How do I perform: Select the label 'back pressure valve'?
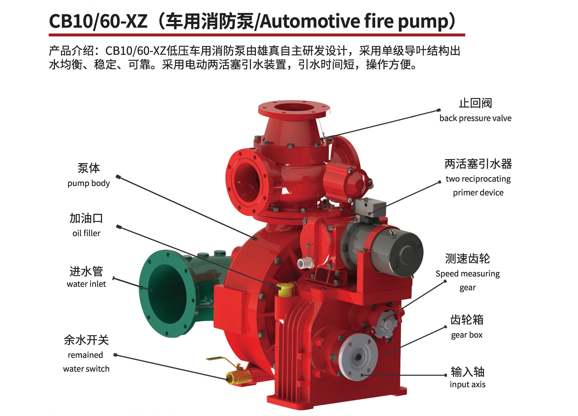click(475, 118)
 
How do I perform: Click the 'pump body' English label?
click(88, 183)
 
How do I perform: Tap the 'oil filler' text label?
click(86, 233)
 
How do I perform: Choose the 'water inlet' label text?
click(86, 284)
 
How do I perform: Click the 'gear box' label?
click(467, 335)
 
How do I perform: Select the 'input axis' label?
click(467, 384)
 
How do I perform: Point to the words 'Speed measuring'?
click(467, 274)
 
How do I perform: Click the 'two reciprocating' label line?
click(478, 179)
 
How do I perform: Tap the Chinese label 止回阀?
click(475, 103)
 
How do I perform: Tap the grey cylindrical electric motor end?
click(407, 252)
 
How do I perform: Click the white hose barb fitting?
click(305, 262)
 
